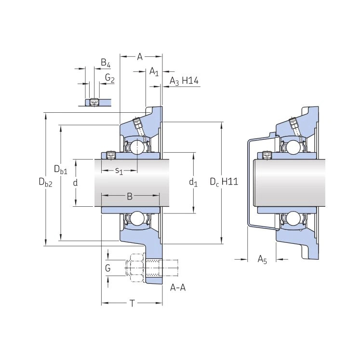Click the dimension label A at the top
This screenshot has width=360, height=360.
(x=140, y=56)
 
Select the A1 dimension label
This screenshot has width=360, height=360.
(x=154, y=71)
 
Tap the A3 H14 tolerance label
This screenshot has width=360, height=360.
(x=184, y=81)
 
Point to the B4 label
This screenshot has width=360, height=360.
(x=106, y=63)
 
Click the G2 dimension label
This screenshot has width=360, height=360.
(x=110, y=78)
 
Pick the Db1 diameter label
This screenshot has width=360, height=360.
(x=61, y=169)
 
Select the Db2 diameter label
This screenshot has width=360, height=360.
(x=45, y=182)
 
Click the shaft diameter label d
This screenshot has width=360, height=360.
(x=75, y=183)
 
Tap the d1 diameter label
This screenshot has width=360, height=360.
(x=193, y=182)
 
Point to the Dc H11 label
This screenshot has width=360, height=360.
(x=224, y=182)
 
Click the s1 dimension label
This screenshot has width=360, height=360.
(x=119, y=171)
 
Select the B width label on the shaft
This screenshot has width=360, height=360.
(x=130, y=196)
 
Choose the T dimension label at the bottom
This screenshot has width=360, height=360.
(x=132, y=304)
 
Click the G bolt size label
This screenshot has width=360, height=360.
(x=107, y=268)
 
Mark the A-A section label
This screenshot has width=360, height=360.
(x=178, y=287)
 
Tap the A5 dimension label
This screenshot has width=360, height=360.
(x=262, y=260)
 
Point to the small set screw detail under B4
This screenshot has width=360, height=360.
(x=94, y=102)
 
